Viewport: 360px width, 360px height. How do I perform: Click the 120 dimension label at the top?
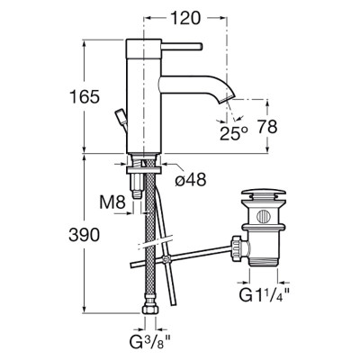tap(185, 18)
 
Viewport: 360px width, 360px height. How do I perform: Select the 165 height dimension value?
tap(85, 97)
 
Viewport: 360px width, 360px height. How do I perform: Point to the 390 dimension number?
tap(84, 235)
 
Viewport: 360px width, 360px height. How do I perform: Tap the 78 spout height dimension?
tap(267, 127)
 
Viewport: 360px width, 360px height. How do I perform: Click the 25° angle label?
tap(234, 133)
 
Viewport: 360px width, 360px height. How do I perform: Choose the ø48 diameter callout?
tap(191, 179)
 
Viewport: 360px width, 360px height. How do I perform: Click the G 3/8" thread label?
tap(150, 341)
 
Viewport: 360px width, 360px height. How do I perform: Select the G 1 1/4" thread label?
tap(265, 295)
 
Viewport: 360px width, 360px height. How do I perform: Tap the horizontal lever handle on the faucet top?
tap(183, 47)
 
